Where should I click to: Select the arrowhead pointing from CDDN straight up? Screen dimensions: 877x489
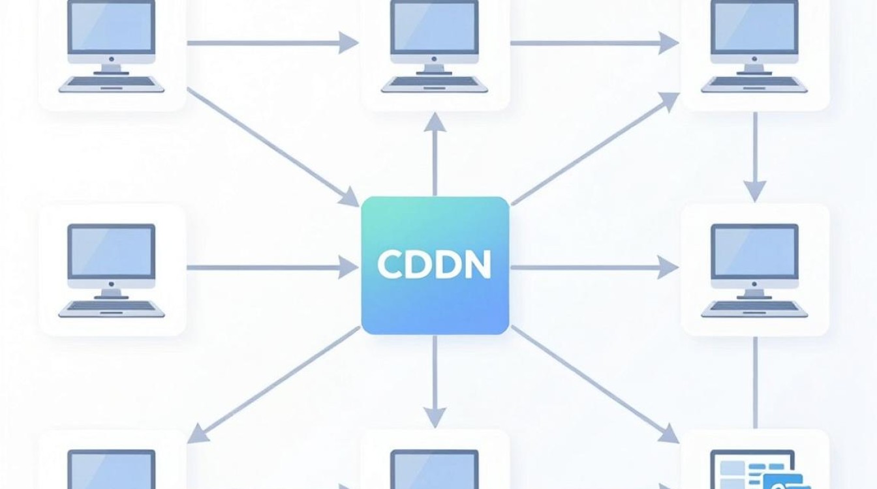435,122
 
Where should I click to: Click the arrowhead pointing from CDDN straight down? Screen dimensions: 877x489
435,417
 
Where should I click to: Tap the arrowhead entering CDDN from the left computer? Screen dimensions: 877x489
348,267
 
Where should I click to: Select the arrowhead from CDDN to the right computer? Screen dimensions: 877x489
668,267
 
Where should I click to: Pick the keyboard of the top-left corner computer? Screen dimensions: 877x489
112,84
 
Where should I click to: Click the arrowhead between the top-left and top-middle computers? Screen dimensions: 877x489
348,42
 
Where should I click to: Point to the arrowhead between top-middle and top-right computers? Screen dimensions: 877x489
668,42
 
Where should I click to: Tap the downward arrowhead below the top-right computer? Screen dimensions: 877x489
755,191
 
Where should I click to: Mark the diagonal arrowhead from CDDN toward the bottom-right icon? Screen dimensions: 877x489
669,434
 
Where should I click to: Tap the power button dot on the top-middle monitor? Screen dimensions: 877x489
434,59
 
